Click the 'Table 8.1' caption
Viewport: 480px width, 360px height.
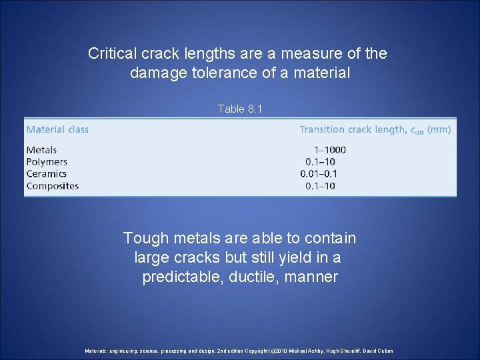click(x=240, y=109)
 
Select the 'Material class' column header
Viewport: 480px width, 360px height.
click(x=57, y=129)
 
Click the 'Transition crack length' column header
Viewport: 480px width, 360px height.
click(x=352, y=129)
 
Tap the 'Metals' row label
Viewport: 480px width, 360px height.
click(x=41, y=150)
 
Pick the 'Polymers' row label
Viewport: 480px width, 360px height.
click(x=47, y=162)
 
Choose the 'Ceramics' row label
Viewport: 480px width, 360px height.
click(x=47, y=174)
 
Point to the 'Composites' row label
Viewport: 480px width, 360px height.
click(x=52, y=186)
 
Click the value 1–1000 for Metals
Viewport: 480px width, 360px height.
click(x=329, y=150)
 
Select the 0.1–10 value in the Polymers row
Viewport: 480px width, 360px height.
click(x=320, y=162)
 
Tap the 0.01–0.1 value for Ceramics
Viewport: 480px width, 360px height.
click(x=318, y=174)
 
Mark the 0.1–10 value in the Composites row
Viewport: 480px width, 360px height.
click(x=320, y=186)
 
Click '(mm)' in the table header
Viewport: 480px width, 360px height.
click(x=439, y=129)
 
